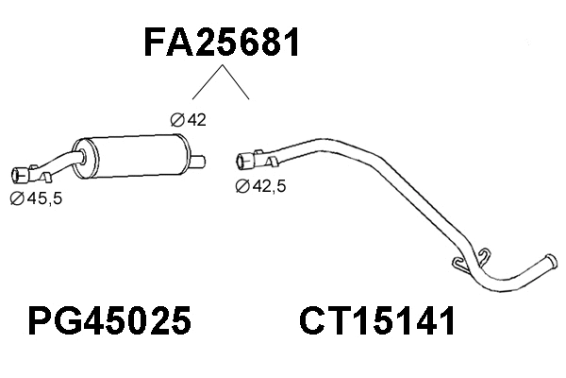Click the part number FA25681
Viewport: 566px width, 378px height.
coord(222,42)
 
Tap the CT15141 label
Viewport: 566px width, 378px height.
coord(377,322)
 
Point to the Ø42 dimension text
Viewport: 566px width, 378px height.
coord(188,119)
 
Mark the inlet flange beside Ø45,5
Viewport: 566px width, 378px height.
coord(18,174)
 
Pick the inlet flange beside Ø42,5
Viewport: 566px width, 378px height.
coord(243,160)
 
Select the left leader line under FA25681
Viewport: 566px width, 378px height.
coord(206,86)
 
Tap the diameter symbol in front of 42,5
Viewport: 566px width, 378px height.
coord(241,186)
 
